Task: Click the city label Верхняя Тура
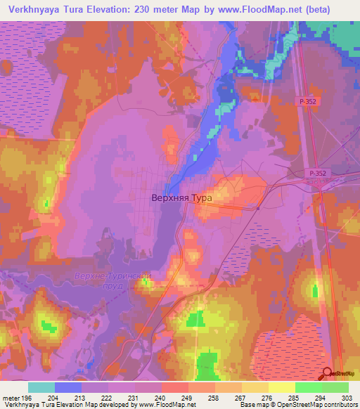[x=181, y=198]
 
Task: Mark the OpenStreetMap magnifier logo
[x=328, y=374]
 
